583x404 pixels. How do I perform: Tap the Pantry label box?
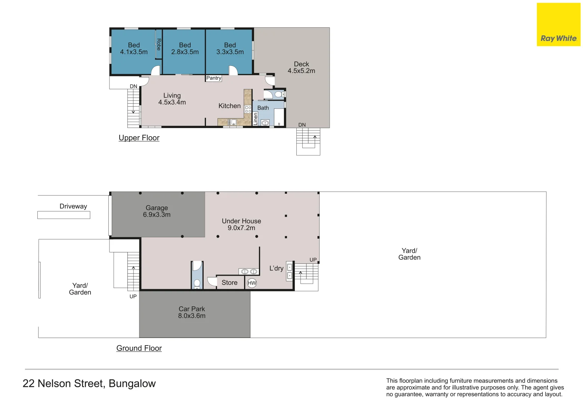(214, 78)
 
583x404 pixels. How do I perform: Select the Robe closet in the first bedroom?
(159, 44)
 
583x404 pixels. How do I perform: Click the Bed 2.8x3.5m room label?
(185, 49)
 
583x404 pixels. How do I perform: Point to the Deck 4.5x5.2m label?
(301, 67)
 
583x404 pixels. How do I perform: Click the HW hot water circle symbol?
(252, 283)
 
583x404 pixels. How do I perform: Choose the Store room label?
(229, 283)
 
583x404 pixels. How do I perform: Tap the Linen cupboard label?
(256, 119)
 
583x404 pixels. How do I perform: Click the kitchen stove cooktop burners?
(248, 109)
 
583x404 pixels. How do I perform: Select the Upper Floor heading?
(139, 138)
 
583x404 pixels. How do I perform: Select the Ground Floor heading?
(139, 348)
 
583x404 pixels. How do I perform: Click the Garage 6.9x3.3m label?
(157, 211)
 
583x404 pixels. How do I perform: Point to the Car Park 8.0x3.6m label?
(192, 312)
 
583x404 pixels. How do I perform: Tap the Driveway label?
(73, 206)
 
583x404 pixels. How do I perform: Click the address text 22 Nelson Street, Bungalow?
(89, 384)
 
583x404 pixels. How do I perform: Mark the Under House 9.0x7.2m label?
(241, 224)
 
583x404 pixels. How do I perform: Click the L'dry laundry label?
(277, 268)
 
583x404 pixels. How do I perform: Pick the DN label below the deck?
(302, 125)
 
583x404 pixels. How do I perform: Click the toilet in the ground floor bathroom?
(197, 284)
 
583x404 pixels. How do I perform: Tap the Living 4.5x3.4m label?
(172, 99)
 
